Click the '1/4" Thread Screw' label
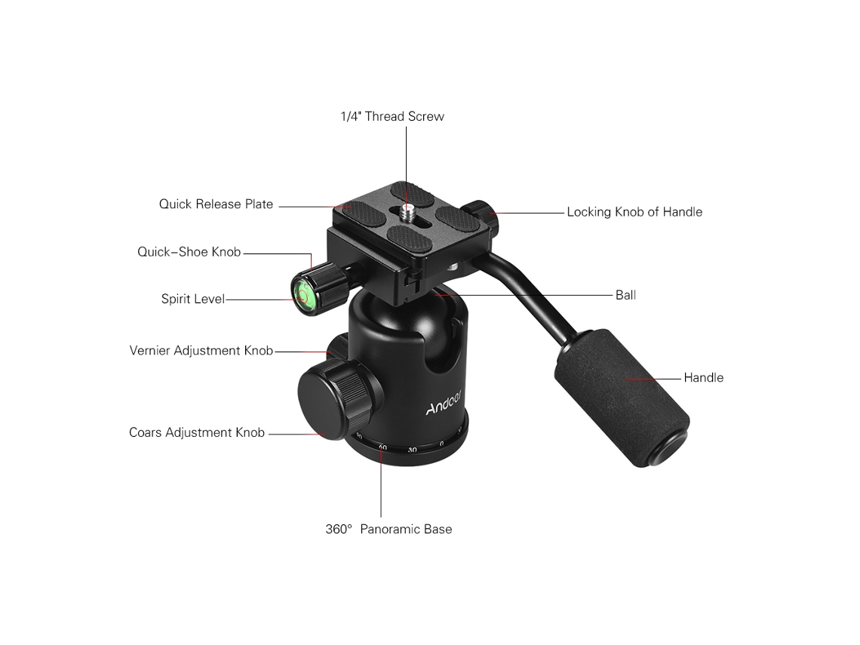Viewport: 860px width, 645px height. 392,116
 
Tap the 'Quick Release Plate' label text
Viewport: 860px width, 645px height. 216,204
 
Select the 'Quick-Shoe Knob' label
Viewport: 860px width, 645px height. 189,252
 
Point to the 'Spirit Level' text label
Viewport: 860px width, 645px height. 193,299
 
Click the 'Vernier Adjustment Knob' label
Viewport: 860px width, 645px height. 201,351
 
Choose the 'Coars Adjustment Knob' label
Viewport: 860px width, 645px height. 197,433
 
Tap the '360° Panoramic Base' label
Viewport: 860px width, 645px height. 389,530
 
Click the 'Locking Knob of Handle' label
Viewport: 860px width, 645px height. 634,212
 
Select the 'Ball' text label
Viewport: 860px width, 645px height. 626,295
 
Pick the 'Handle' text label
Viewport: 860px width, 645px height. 704,378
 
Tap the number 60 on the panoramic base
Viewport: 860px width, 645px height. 382,447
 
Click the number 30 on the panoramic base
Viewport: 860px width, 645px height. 413,450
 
